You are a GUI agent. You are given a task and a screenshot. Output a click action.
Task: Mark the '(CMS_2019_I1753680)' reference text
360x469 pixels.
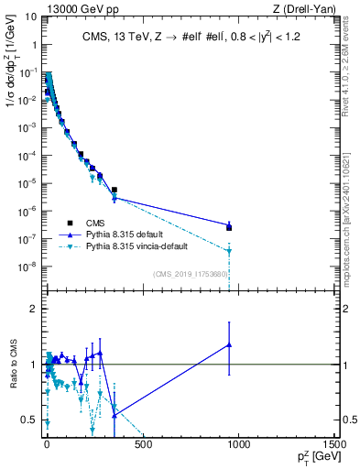[190, 273]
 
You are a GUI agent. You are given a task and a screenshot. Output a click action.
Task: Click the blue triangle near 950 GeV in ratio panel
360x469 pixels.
[229, 344]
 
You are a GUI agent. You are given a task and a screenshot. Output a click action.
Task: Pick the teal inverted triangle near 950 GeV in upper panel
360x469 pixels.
[229, 251]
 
